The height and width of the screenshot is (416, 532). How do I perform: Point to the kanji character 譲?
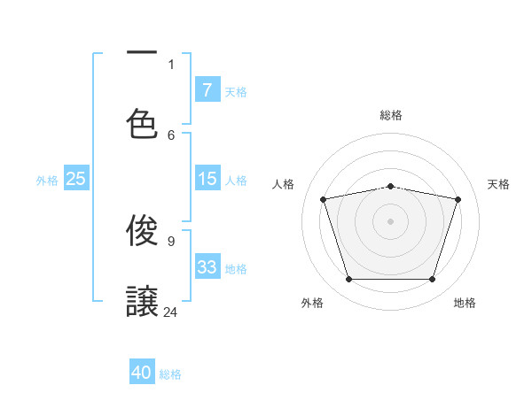click(142, 301)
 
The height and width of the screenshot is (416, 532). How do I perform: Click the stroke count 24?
click(171, 312)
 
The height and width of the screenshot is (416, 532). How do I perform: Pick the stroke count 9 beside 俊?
click(171, 241)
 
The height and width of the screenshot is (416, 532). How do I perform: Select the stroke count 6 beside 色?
click(171, 135)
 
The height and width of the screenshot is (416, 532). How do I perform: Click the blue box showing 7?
click(207, 89)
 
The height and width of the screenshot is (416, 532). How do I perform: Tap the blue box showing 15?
click(207, 179)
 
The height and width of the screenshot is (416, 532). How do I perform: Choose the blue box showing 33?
click(207, 267)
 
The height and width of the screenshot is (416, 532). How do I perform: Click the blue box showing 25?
click(76, 179)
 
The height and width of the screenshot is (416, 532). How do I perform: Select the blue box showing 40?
click(142, 373)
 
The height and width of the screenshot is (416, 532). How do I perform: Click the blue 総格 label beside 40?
click(170, 374)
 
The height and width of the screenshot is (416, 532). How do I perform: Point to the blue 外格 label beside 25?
click(47, 181)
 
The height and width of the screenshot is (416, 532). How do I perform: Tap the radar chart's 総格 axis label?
click(391, 115)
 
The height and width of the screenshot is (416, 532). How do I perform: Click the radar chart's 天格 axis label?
click(499, 184)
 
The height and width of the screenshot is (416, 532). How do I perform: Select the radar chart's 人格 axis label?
click(283, 184)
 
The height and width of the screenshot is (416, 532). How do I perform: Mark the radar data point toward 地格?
click(432, 279)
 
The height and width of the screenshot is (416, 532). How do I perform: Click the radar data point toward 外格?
click(348, 279)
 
